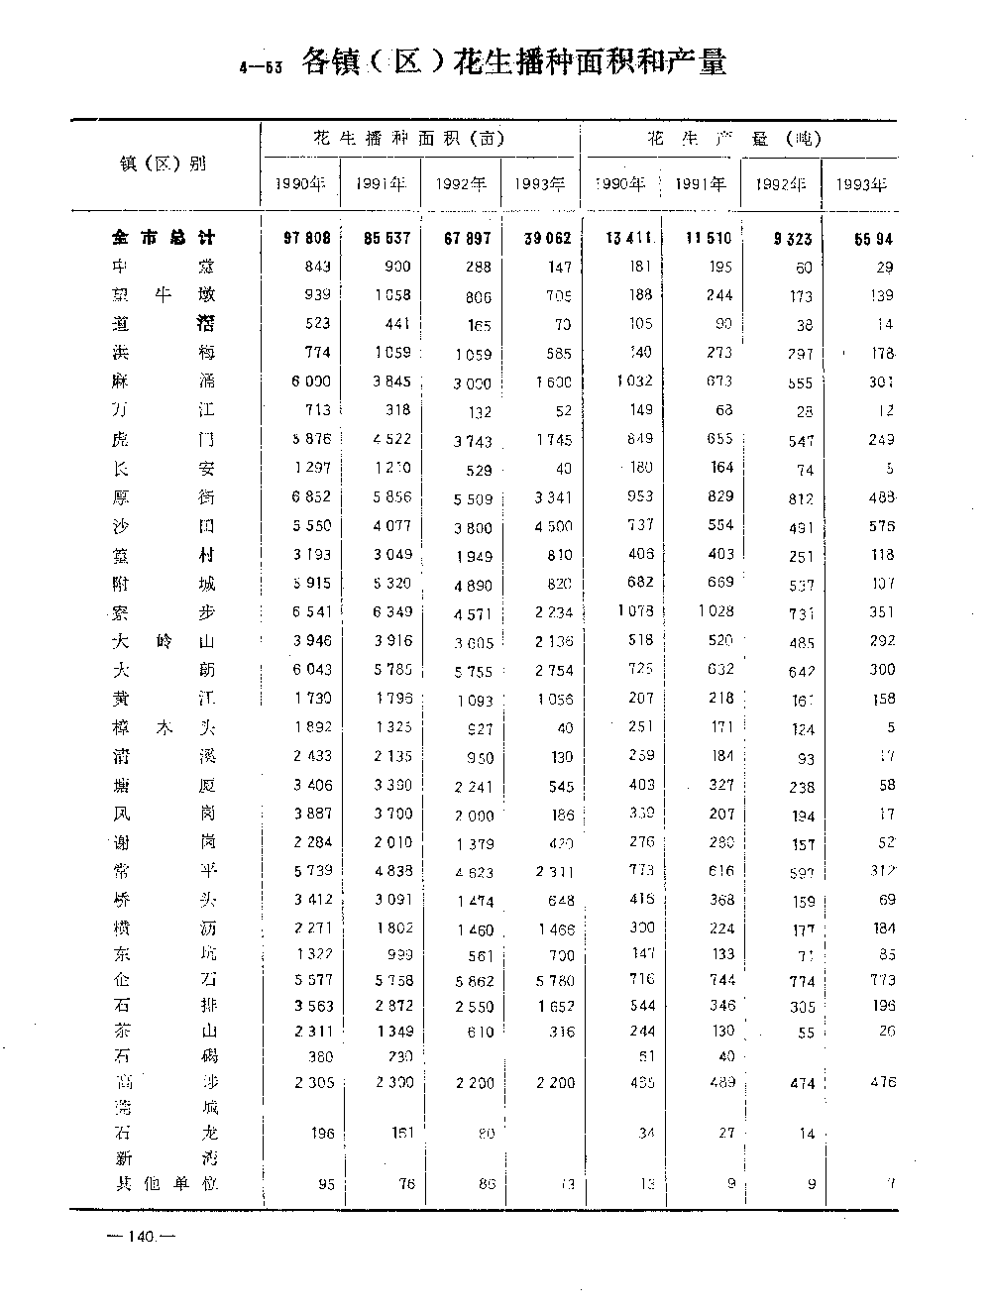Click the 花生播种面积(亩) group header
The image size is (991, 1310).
point(408,139)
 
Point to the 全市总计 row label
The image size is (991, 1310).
point(164,238)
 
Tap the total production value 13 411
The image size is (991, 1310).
point(628,238)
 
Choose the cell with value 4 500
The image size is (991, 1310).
point(552,526)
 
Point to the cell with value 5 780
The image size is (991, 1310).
point(552,980)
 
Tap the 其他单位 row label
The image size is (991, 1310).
point(165,1182)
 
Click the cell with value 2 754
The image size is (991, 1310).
point(552,670)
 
